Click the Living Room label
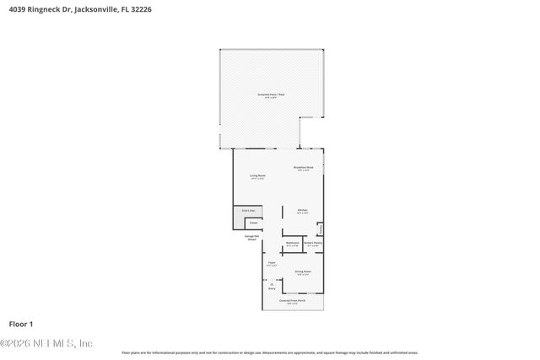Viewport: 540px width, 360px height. pos(256,177)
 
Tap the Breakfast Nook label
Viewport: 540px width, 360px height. pos(303,169)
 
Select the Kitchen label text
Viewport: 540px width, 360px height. pos(301,211)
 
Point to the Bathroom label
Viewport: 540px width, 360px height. pos(293,244)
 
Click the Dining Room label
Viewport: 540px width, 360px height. pos(302,272)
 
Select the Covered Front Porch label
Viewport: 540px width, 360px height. pos(293,301)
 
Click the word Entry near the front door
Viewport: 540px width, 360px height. pos(272,288)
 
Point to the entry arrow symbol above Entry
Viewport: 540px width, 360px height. pos(272,283)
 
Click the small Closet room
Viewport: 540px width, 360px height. pos(252,223)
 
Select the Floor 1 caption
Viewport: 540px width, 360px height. pos(21,324)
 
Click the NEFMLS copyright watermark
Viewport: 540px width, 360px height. pos(46,343)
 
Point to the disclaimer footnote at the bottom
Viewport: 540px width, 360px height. pos(270,352)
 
